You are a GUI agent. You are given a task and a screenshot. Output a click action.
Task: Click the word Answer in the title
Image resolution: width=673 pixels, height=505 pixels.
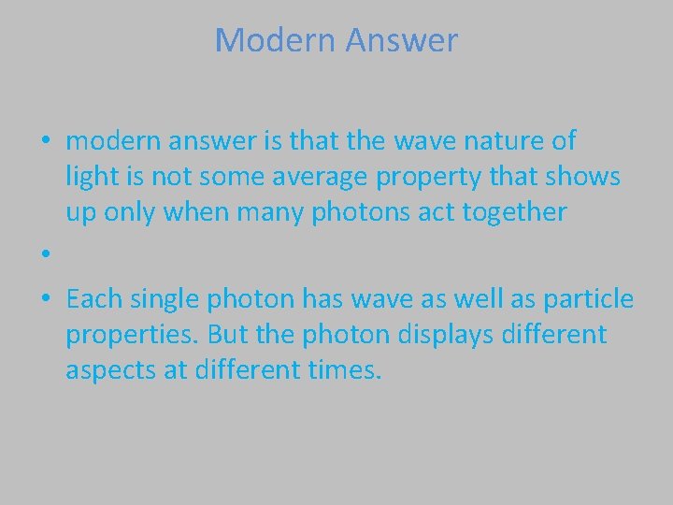(x=402, y=40)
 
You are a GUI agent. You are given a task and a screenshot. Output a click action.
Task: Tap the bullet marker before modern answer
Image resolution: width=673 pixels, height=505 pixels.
(x=45, y=142)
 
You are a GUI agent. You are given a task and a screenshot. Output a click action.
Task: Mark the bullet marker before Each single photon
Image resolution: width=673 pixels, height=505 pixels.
(x=45, y=300)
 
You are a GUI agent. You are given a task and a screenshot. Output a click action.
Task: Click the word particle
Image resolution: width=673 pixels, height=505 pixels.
(x=594, y=299)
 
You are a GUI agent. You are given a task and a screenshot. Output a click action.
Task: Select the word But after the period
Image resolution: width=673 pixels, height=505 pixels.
(x=225, y=335)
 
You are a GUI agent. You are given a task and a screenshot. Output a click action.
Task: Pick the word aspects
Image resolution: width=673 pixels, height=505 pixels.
(x=106, y=370)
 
